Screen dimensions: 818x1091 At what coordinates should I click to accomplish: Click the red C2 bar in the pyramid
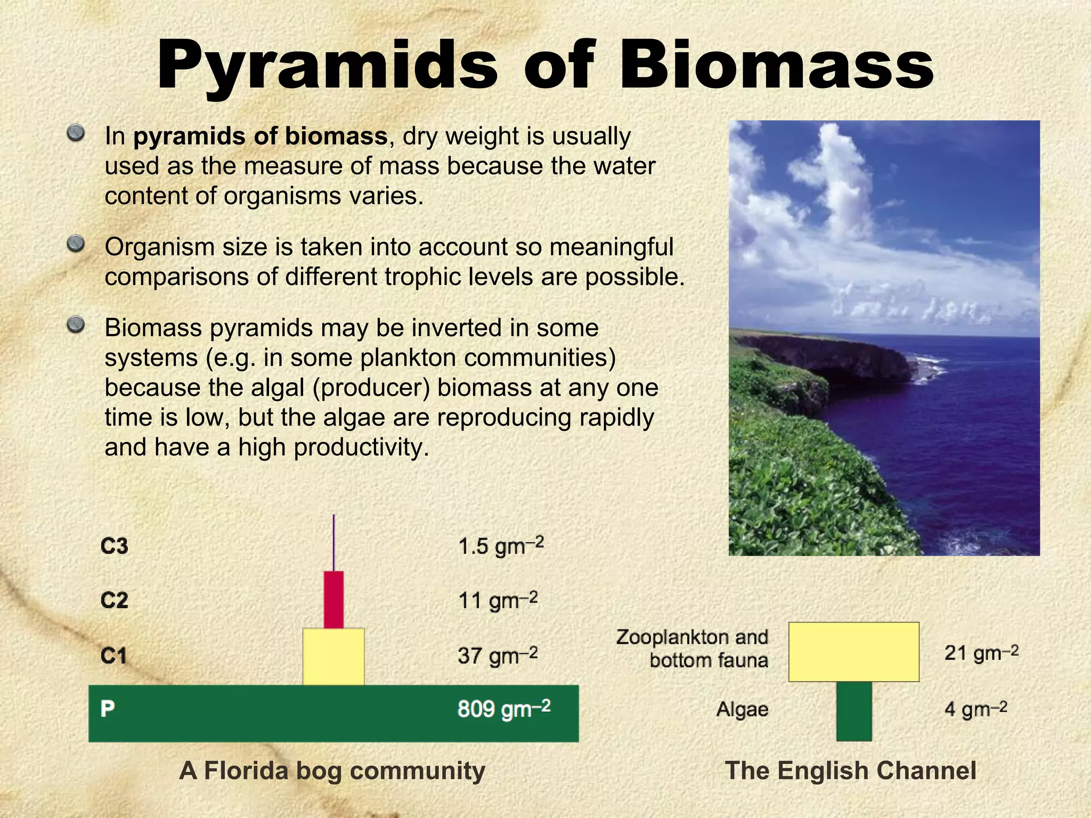[x=333, y=600]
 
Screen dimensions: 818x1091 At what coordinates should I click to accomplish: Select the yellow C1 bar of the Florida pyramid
[x=333, y=656]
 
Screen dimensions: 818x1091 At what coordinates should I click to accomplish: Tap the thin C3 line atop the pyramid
[x=333, y=543]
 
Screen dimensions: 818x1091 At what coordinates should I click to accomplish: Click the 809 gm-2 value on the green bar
[x=503, y=709]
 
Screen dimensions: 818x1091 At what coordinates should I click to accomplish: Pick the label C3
[x=114, y=546]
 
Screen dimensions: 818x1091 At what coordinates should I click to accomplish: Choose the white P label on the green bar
[x=107, y=708]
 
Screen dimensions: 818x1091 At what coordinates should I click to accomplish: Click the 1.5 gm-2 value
[x=500, y=546]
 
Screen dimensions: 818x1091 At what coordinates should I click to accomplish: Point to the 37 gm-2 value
[x=497, y=655]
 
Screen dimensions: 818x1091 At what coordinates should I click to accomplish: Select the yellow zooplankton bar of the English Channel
[x=853, y=651]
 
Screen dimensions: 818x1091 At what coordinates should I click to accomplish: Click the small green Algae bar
[x=853, y=711]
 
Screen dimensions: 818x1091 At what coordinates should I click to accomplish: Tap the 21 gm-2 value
[x=981, y=652]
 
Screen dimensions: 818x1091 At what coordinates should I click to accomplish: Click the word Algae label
[x=742, y=709]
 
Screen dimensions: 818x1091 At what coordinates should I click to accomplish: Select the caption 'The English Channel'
[x=851, y=771]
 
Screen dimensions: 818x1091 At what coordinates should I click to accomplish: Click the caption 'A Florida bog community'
[x=332, y=771]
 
